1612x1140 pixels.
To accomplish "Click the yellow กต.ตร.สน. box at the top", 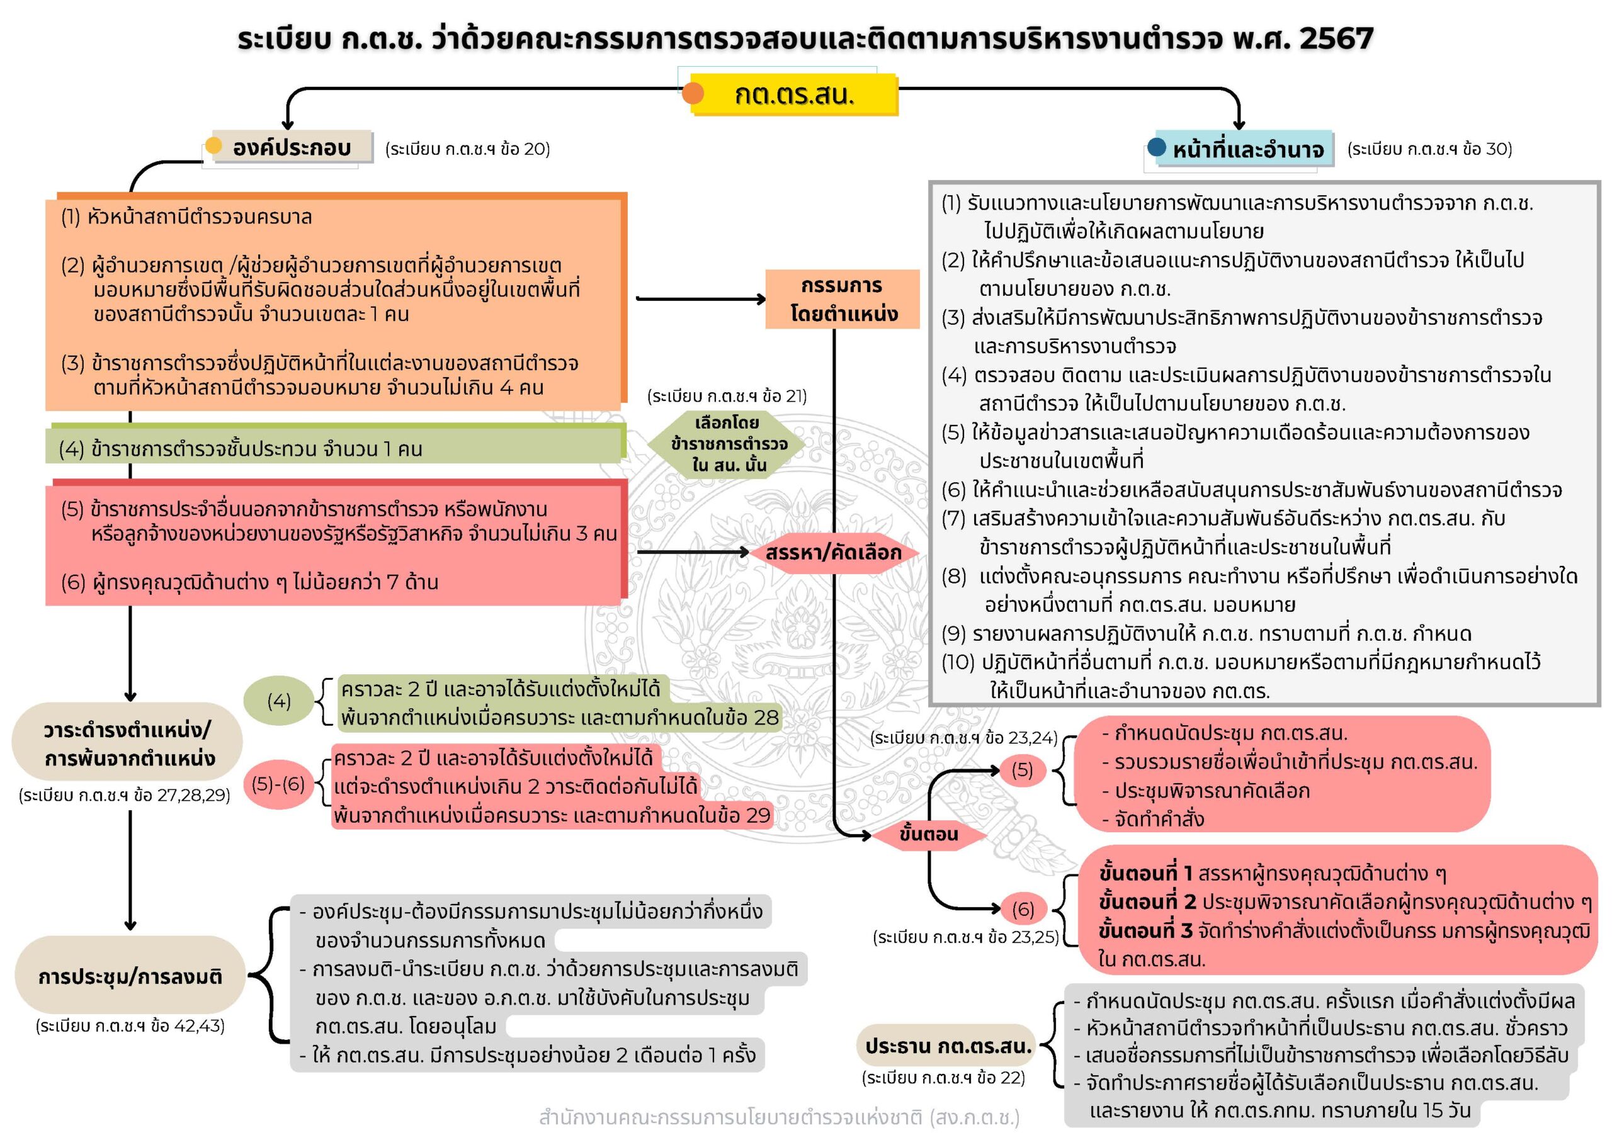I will [793, 94].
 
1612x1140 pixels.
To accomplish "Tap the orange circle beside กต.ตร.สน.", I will [693, 93].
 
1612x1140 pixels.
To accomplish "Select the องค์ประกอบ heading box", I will [292, 147].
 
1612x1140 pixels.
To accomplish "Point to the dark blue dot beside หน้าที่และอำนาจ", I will [1156, 147].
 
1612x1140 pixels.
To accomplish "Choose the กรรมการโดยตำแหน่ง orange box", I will [843, 299].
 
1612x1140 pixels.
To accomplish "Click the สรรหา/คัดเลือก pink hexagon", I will [833, 553].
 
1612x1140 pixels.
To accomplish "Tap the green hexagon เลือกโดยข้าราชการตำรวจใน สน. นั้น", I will [728, 444].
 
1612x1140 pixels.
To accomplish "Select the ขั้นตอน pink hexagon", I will [928, 834].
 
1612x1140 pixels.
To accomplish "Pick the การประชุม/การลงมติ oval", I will [130, 976].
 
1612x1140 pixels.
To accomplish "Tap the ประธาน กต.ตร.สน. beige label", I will [948, 1046].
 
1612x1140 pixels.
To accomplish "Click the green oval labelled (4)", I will [279, 701].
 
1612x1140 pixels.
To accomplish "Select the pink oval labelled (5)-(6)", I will [279, 784].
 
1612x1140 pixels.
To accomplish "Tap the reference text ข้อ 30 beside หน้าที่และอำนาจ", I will [1429, 149].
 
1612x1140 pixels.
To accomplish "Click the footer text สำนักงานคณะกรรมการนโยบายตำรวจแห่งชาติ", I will [780, 1117].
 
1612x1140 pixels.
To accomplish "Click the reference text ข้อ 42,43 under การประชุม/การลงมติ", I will [130, 1025].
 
